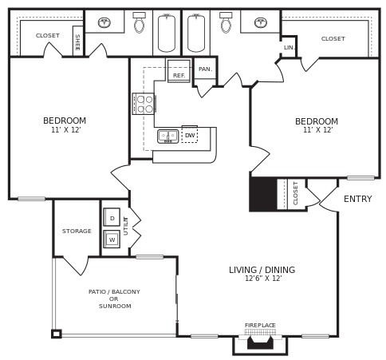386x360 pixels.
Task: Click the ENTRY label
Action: point(357,199)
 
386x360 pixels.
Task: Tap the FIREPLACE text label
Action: point(260,325)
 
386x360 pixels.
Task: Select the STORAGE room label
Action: point(77,231)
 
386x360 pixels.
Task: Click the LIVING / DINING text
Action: point(262,270)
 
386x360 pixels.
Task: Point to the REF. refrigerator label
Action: point(179,75)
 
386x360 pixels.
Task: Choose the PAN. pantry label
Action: point(205,69)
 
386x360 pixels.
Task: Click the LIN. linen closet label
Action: point(289,48)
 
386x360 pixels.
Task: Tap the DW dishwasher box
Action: point(190,136)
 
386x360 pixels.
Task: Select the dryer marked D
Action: point(112,217)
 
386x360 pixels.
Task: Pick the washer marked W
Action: point(112,239)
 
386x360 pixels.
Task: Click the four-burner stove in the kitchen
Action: point(144,104)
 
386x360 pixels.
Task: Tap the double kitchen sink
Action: point(167,136)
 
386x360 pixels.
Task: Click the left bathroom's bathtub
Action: point(166,34)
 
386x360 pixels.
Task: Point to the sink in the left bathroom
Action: point(104,22)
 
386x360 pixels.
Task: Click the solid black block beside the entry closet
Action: point(263,194)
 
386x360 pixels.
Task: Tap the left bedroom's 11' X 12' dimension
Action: point(65,130)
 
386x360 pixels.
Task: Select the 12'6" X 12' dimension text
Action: point(262,279)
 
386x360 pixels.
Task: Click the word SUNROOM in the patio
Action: point(115,307)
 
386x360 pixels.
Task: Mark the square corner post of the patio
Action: point(56,334)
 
